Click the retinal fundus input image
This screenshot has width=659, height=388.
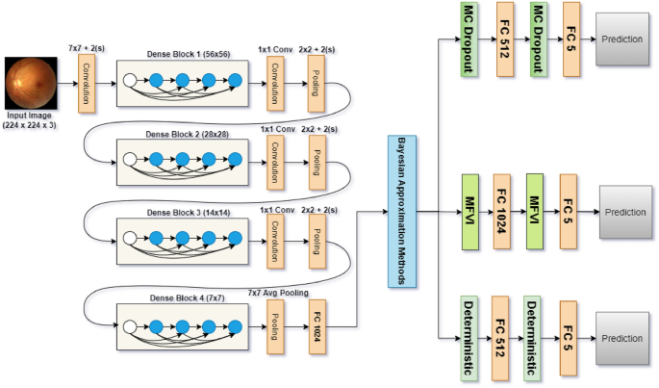pyautogui.click(x=30, y=82)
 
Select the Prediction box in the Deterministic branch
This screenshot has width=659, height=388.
pyautogui.click(x=622, y=339)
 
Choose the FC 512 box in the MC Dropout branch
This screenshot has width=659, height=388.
pyautogui.click(x=502, y=41)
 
